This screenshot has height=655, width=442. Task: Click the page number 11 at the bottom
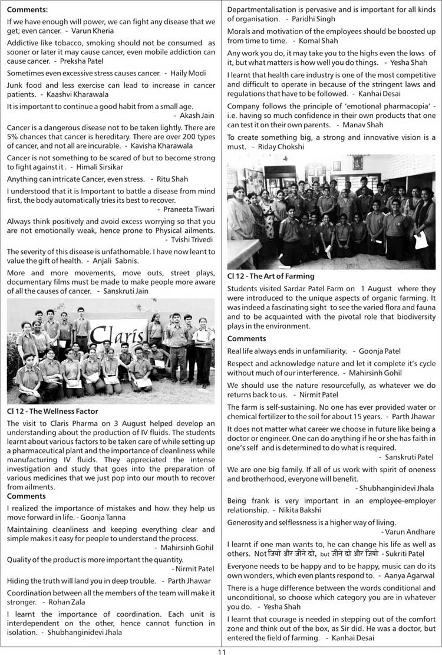point(221,651)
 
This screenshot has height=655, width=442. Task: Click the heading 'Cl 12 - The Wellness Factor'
point(52,411)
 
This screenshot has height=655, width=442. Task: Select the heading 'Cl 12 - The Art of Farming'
point(271,275)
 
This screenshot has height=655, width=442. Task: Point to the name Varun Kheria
point(94,30)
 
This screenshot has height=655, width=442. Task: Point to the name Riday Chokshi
point(276,146)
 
